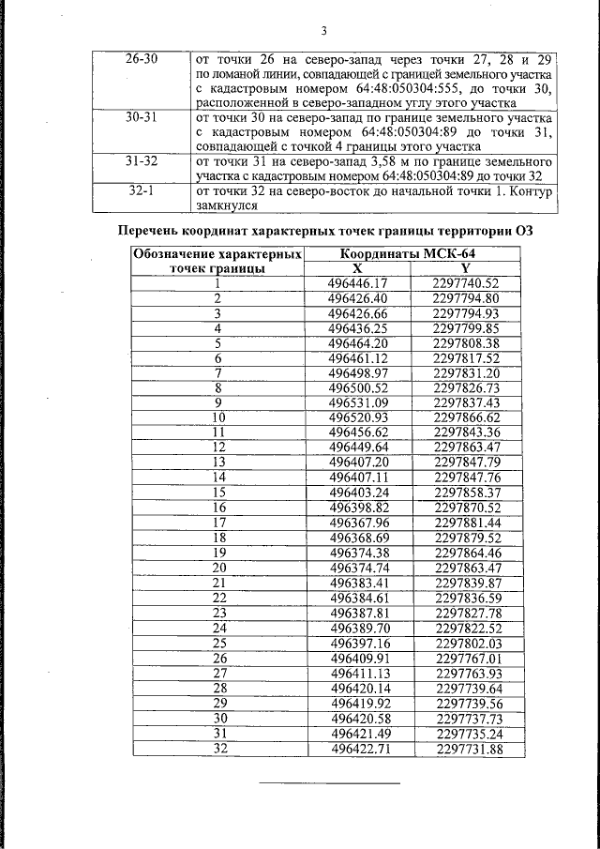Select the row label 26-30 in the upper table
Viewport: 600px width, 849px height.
142,58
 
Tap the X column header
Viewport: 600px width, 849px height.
357,268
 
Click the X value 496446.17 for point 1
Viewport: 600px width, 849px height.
358,283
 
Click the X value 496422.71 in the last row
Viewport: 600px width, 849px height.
358,748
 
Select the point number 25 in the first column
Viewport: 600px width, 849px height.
219,643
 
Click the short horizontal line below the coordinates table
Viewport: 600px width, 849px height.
328,782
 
